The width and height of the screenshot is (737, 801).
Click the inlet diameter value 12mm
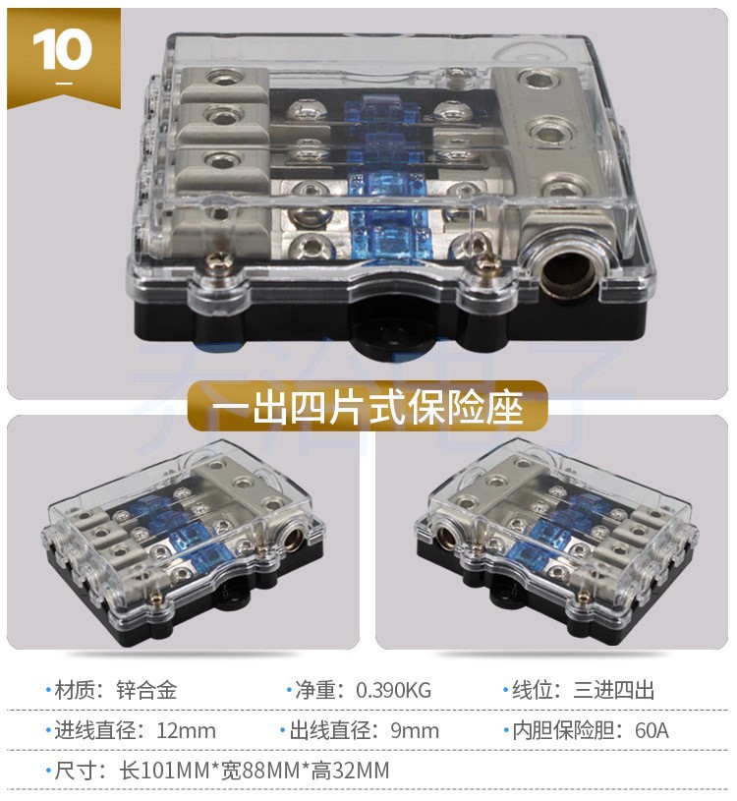point(186,730)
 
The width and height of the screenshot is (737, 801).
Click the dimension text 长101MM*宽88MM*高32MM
point(250,771)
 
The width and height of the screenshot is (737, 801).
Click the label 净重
point(315,689)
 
